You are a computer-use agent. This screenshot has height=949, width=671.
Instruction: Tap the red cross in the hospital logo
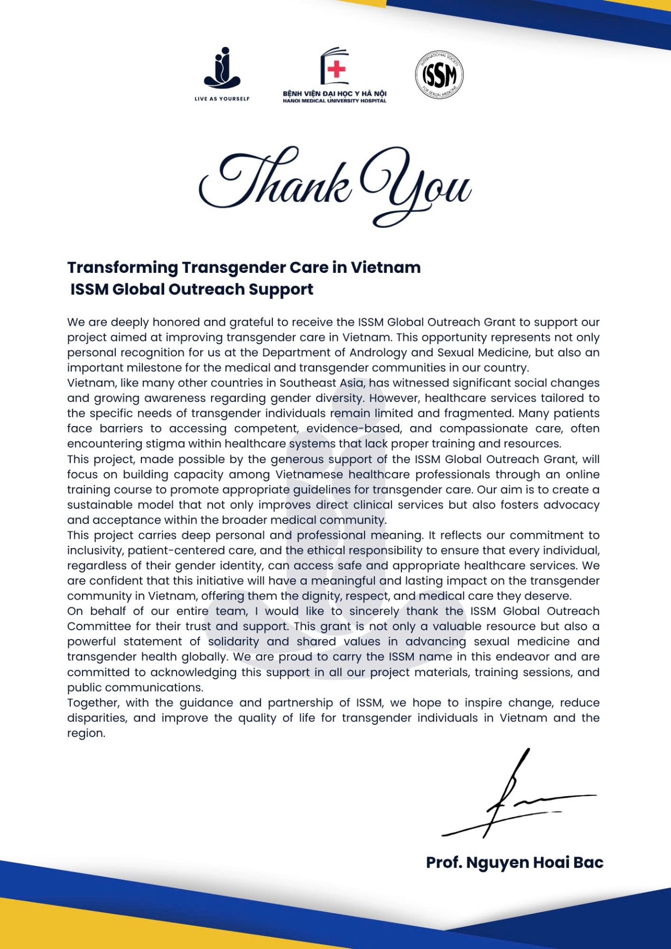click(x=336, y=69)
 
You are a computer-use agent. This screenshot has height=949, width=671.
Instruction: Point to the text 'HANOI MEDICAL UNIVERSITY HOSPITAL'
click(x=334, y=101)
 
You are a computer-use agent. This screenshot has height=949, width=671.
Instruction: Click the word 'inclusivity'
click(x=95, y=551)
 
